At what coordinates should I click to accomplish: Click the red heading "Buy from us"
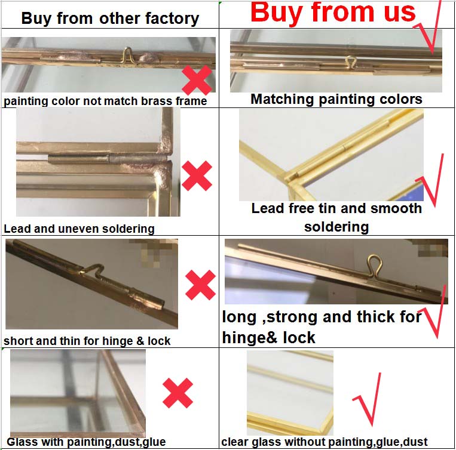pos(333,13)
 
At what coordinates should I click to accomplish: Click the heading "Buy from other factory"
pos(110,19)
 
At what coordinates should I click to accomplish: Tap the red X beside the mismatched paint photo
pos(197,80)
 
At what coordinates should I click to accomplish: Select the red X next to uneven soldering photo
pos(197,175)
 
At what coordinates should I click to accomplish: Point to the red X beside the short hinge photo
pos(200,285)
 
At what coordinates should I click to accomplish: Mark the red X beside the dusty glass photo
pos(177,393)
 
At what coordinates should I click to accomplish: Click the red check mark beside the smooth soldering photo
pos(430,180)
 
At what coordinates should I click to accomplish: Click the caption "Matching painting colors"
pos(336,99)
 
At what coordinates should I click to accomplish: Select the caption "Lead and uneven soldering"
pos(79,229)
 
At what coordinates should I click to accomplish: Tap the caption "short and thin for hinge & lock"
pos(87,341)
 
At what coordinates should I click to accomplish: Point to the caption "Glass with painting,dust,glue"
pos(86,442)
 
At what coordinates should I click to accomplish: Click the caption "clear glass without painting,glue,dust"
pos(325,442)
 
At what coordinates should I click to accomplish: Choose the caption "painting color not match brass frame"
pos(105,101)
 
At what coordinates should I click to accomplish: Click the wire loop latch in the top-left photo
pos(127,55)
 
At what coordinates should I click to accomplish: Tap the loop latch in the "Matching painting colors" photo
pos(351,62)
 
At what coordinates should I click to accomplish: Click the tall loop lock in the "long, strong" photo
pos(374,265)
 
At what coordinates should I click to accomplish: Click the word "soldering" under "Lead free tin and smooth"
pos(336,227)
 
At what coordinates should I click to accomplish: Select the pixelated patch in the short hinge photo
pos(154,252)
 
